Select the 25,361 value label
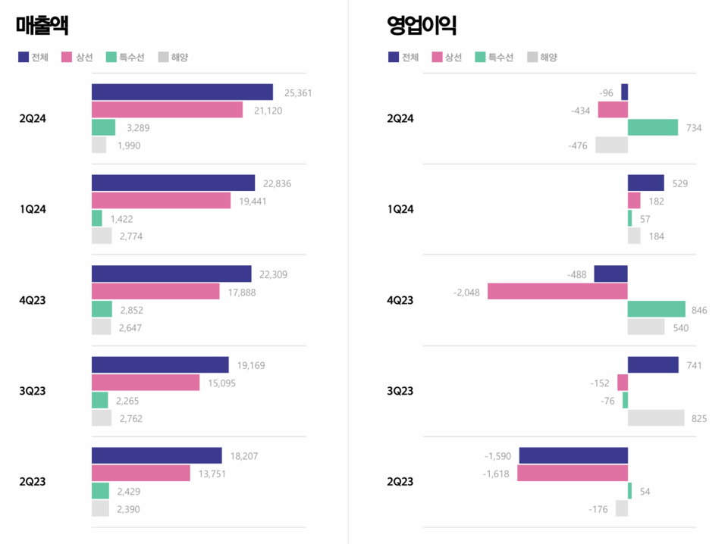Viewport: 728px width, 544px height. [x=298, y=93]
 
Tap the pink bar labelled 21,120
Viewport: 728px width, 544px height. [x=167, y=110]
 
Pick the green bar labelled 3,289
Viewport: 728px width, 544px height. [x=103, y=127]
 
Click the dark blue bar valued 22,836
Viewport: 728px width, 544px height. [x=173, y=183]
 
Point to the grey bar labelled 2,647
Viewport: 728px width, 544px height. [x=101, y=327]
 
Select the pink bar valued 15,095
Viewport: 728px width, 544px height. [x=146, y=383]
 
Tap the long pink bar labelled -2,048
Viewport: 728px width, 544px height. [x=557, y=291]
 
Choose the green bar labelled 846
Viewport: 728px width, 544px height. [x=656, y=309]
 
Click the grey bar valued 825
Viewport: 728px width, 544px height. [x=656, y=418]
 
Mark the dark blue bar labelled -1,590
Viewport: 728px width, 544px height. [x=573, y=455]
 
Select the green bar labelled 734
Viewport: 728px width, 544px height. [x=652, y=127]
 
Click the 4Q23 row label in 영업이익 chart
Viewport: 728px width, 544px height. [x=400, y=300]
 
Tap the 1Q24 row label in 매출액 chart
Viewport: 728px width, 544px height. [x=33, y=209]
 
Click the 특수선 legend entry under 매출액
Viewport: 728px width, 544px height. [x=126, y=57]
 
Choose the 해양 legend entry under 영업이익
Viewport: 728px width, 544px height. [x=542, y=57]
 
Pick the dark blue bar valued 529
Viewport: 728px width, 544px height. [x=645, y=183]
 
